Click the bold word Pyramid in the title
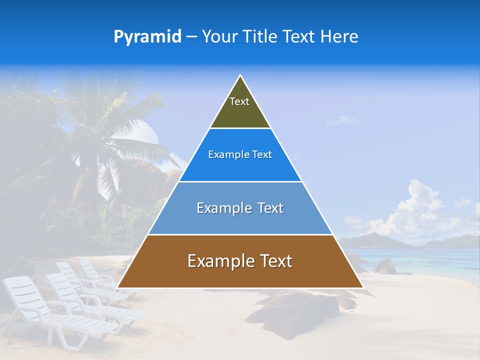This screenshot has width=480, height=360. (x=147, y=37)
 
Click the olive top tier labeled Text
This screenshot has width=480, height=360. (x=240, y=107)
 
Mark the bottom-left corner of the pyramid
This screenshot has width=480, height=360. (x=118, y=287)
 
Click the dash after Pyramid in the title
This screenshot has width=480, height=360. (x=191, y=37)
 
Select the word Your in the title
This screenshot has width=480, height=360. (x=220, y=36)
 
